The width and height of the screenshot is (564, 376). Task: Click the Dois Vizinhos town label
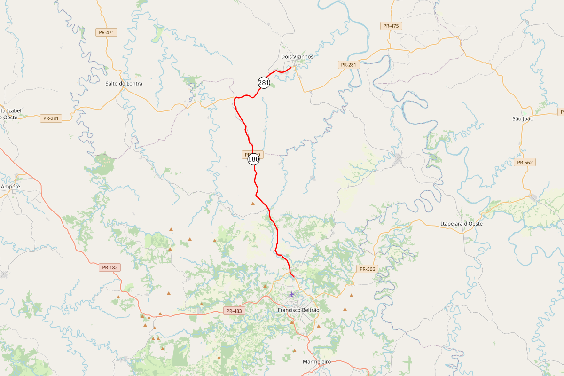[297, 56]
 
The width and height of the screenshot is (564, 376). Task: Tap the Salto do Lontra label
[124, 83]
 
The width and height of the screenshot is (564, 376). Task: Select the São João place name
[522, 119]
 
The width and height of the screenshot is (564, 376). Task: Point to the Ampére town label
[10, 186]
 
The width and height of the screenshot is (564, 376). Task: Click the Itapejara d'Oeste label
[462, 223]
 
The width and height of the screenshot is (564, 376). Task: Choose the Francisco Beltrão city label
[298, 310]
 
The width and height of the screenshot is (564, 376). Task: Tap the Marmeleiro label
[317, 361]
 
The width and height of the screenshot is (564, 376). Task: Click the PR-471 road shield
[106, 32]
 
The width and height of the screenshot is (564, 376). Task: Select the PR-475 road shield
[391, 26]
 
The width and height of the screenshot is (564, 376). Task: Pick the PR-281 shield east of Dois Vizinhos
[349, 65]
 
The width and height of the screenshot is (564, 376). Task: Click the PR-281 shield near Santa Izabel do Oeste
[50, 118]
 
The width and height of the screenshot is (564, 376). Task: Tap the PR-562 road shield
[525, 162]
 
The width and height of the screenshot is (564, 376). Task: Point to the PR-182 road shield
[110, 267]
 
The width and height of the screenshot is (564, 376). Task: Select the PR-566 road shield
[367, 269]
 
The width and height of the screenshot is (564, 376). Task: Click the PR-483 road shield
[234, 311]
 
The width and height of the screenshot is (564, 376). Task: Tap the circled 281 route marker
[264, 83]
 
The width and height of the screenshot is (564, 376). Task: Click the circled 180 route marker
[253, 159]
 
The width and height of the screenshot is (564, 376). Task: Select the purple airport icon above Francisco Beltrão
[292, 294]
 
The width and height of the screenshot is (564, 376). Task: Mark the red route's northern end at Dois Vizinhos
[292, 68]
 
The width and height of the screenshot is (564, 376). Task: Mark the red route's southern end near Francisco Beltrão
[294, 277]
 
